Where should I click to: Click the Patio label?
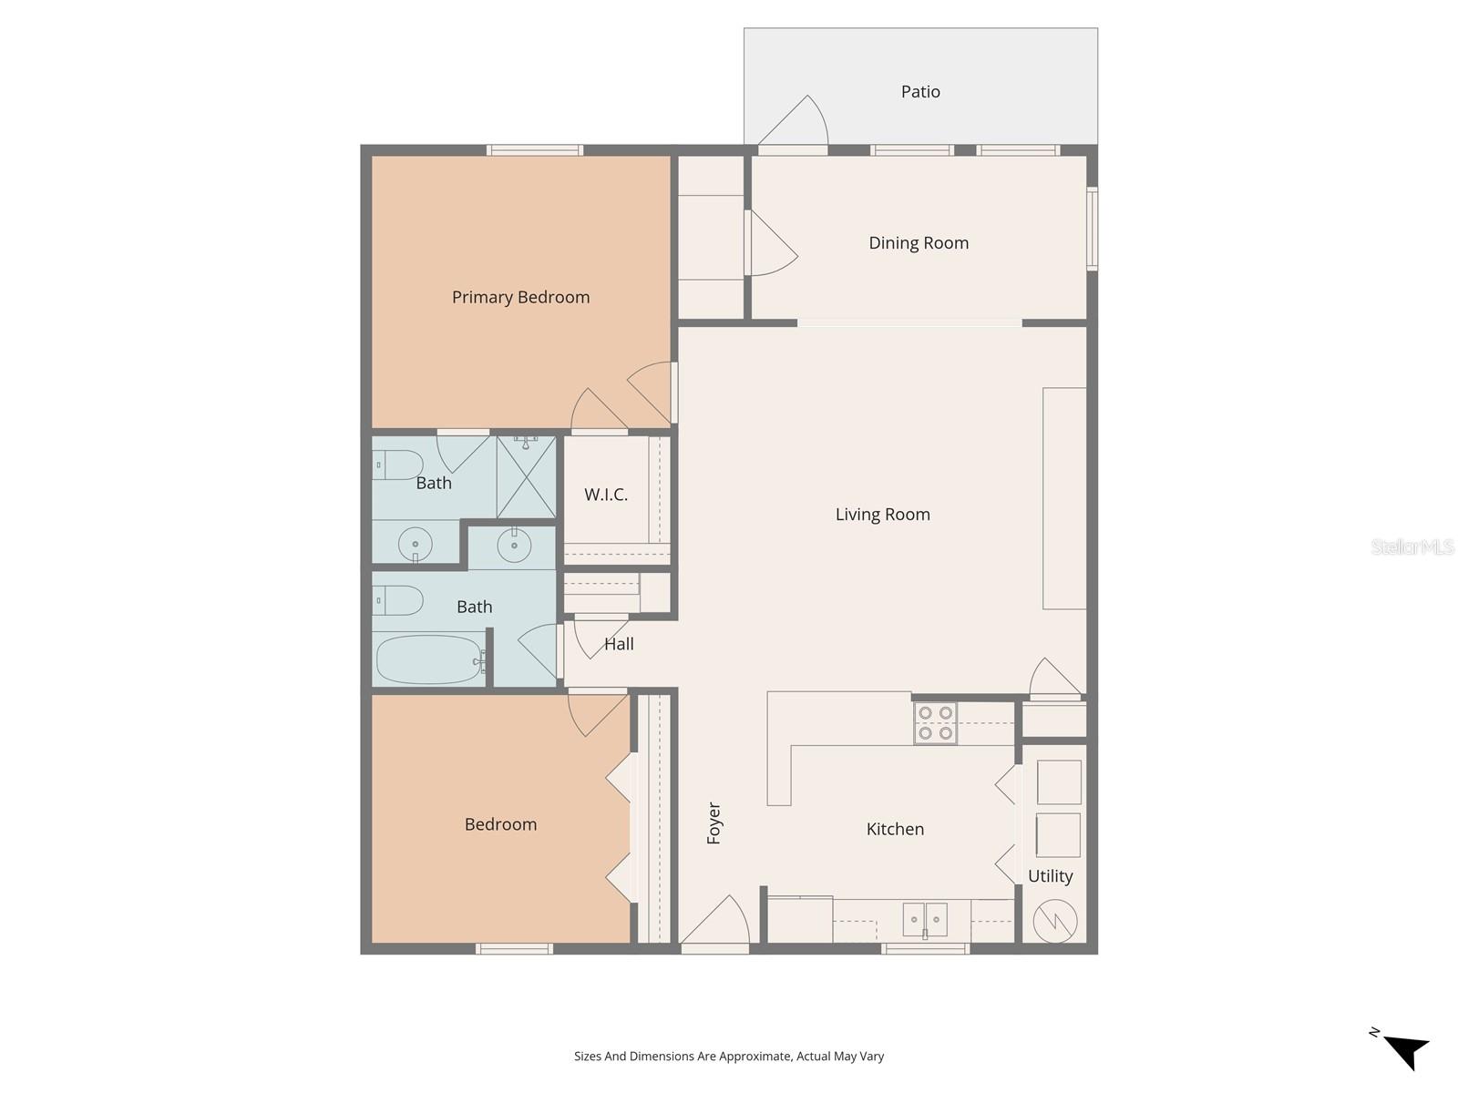920,92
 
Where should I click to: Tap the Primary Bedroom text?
520,297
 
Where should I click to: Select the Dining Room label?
919,243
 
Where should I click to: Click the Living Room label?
882,515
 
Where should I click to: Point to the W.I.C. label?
606,495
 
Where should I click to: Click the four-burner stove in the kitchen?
935,723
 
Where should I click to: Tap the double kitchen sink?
925,920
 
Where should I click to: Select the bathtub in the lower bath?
428,659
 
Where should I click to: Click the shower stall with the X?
526,476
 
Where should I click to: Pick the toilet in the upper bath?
398,465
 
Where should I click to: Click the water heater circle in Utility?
1055,922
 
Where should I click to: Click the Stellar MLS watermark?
1412,547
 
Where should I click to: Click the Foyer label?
714,823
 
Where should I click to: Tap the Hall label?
619,644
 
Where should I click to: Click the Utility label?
1050,876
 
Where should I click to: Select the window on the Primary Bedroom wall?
534,150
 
